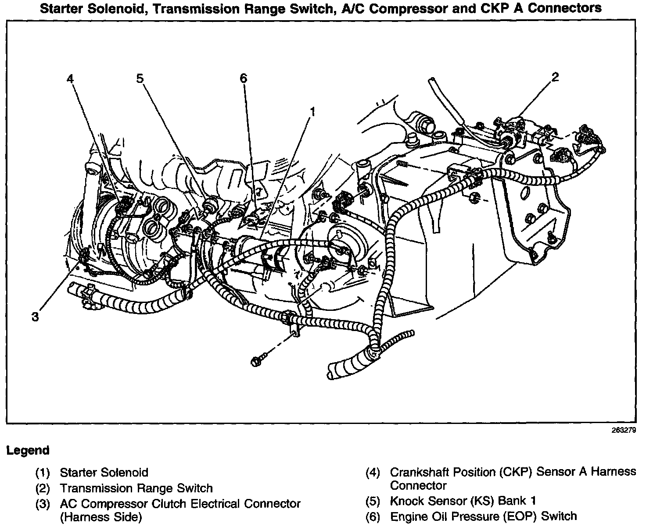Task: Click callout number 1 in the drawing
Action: pos(312,112)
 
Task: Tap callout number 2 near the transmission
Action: pos(555,77)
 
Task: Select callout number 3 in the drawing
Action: pos(36,317)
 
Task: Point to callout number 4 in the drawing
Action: pos(71,78)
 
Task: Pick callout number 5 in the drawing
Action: pos(140,78)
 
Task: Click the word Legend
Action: pos(27,450)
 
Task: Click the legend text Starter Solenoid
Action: pos(104,472)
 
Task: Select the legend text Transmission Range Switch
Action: pos(136,488)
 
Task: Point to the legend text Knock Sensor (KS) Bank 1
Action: pos(463,501)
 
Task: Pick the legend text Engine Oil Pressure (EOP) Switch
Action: pos(483,516)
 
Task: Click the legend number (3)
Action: pos(43,504)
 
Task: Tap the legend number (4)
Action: pos(373,473)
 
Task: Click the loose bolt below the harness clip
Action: pos(256,361)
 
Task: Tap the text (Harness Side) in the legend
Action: pos(101,517)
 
